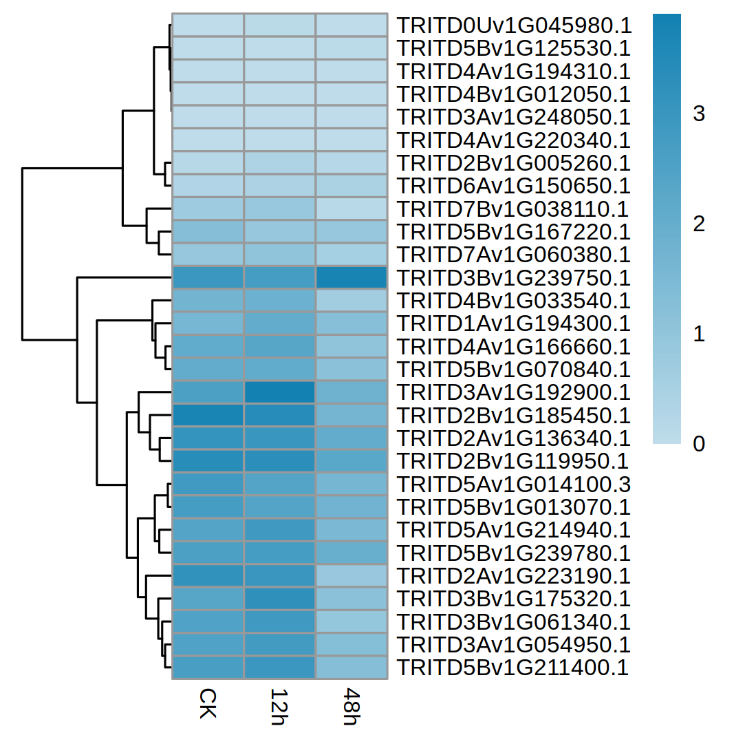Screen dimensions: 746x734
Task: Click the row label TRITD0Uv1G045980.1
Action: tap(513, 26)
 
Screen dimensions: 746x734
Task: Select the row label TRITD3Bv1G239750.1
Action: tap(513, 278)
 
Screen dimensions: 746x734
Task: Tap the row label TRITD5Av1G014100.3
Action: tap(513, 484)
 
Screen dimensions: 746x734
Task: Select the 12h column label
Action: tap(279, 704)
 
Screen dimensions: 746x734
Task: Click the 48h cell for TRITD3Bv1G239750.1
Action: tap(351, 278)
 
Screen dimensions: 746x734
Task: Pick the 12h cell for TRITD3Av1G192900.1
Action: tap(279, 392)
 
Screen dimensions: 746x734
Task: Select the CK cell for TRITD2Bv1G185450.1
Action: tap(207, 416)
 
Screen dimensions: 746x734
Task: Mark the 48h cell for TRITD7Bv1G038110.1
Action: tap(351, 209)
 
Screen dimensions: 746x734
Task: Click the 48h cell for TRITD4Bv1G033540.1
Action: tap(351, 301)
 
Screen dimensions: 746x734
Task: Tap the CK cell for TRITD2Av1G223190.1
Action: tap(207, 576)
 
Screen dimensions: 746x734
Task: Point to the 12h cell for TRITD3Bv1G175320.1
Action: tap(279, 599)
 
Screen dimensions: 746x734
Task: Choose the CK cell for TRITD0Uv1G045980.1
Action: tap(207, 26)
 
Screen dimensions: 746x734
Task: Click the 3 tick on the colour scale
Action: tap(699, 114)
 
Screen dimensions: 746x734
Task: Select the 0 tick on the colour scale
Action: tap(699, 445)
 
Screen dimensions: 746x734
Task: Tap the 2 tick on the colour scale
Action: tap(699, 224)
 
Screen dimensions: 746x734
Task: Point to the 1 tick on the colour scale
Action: tap(699, 334)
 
